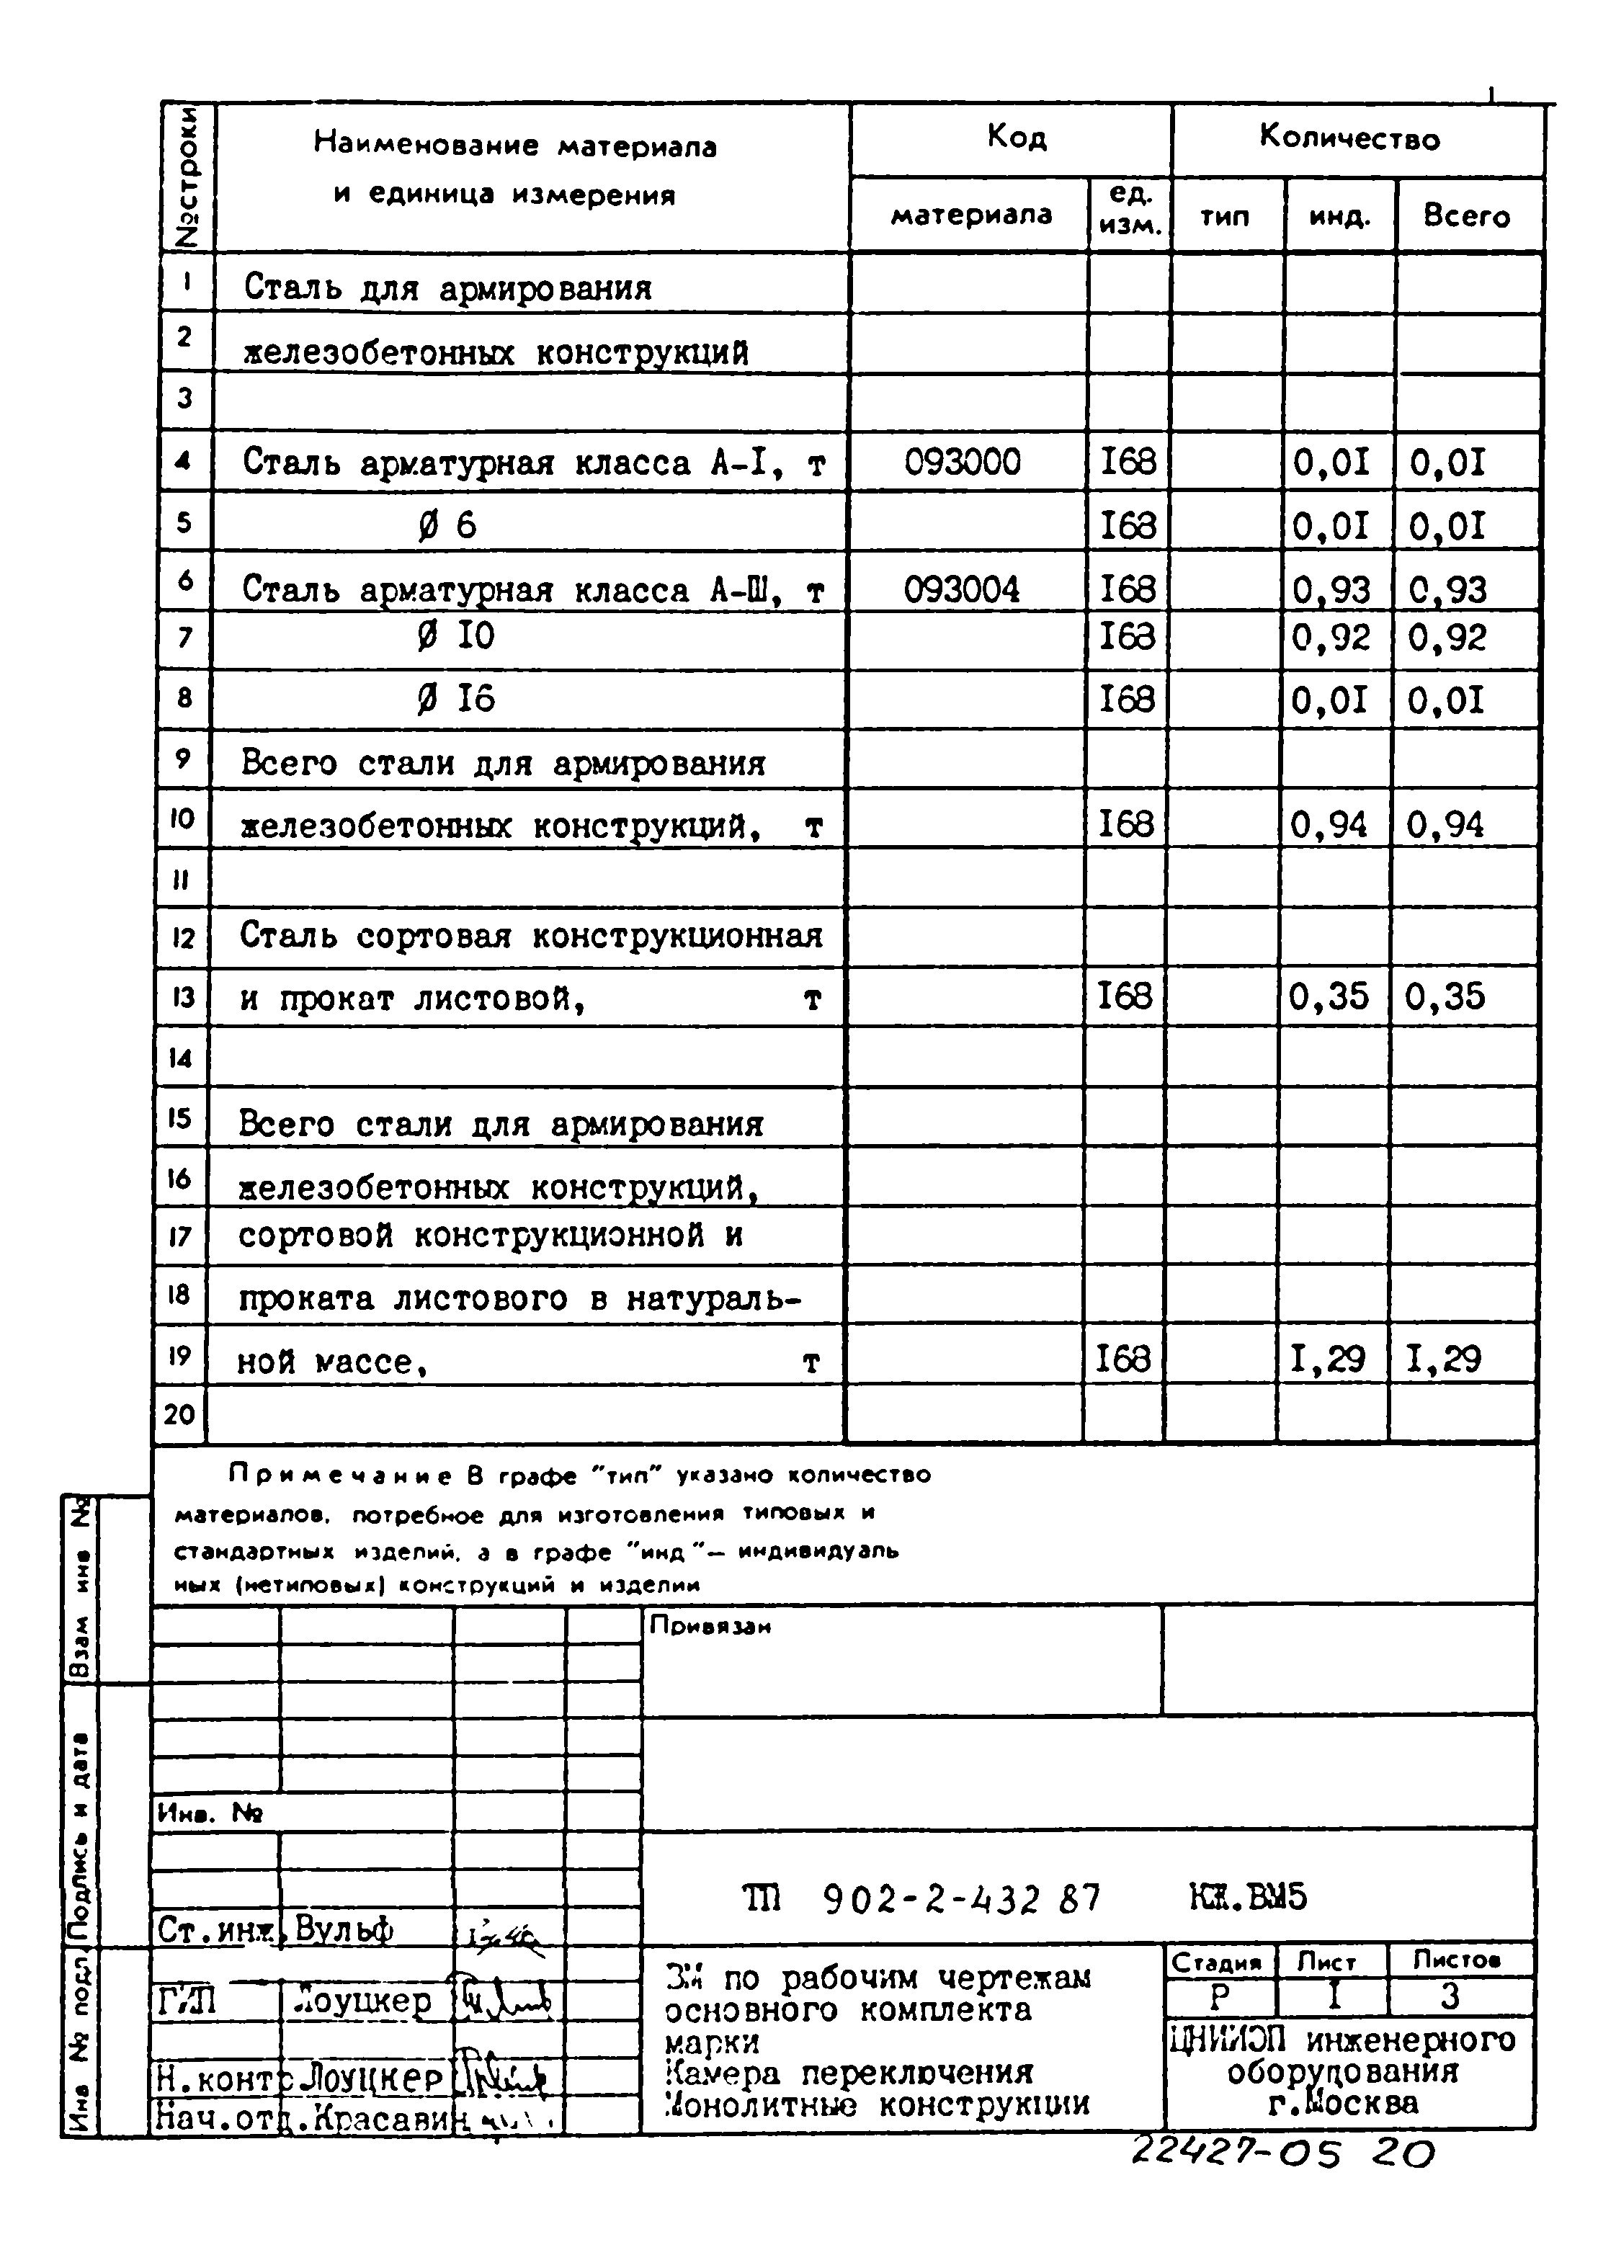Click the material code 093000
click(x=962, y=463)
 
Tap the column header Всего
click(x=1466, y=215)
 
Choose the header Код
click(x=1015, y=136)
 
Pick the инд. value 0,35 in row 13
click(x=1328, y=996)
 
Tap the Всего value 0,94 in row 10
click(x=1444, y=825)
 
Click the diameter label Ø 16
click(x=455, y=700)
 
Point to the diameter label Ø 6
click(x=447, y=525)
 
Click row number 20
click(x=179, y=1414)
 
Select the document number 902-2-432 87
click(x=962, y=1900)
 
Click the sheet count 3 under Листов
click(x=1449, y=1996)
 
